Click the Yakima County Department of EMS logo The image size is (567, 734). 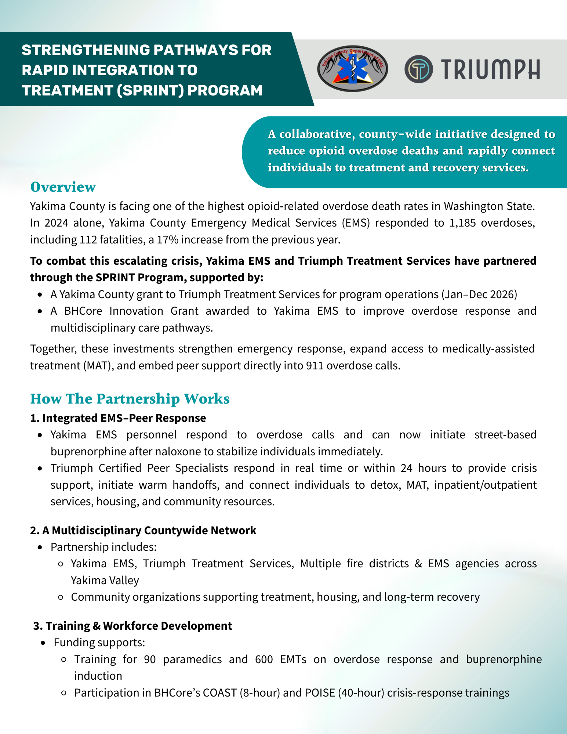(x=352, y=69)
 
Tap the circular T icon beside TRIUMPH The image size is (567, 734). (x=418, y=69)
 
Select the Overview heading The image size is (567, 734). (x=63, y=187)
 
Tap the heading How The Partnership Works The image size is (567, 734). (x=130, y=399)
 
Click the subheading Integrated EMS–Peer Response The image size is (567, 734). (x=124, y=418)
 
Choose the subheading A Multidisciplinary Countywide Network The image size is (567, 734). (x=149, y=530)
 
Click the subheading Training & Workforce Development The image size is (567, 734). (x=139, y=626)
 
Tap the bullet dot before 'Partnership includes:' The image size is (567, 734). (x=40, y=547)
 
